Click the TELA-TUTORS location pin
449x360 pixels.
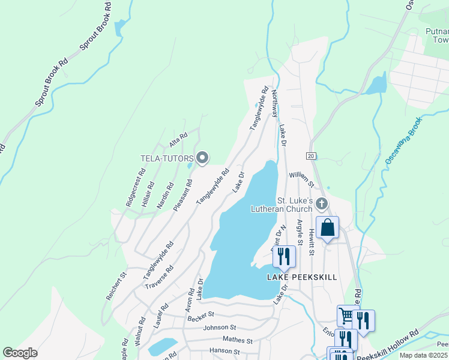pyautogui.click(x=202, y=158)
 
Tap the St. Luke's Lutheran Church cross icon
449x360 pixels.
pyautogui.click(x=322, y=204)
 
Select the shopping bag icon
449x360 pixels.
pyautogui.click(x=327, y=228)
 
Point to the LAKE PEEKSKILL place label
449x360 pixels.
pyautogui.click(x=302, y=277)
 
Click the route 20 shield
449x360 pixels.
pyautogui.click(x=310, y=156)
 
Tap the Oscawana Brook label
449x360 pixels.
pyautogui.click(x=403, y=142)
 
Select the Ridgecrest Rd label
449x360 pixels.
pyautogui.click(x=136, y=188)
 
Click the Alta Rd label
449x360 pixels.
pyautogui.click(x=178, y=140)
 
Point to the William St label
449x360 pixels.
pyautogui.click(x=301, y=175)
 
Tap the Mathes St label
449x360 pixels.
pyautogui.click(x=237, y=340)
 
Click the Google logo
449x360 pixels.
pyautogui.click(x=20, y=353)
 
